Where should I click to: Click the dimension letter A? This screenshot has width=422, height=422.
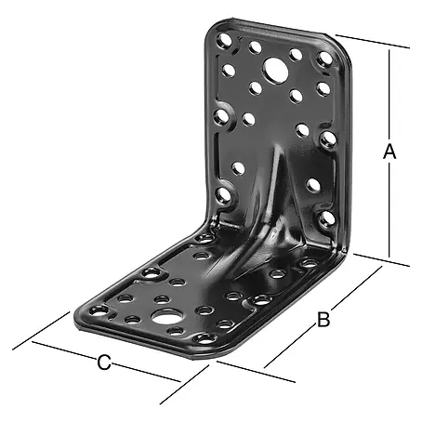tap(389, 152)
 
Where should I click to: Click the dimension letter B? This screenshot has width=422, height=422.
tap(323, 320)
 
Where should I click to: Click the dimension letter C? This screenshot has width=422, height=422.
tap(104, 363)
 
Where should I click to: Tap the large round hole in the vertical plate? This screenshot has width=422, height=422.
tap(276, 71)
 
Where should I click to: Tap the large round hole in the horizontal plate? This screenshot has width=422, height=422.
tap(166, 317)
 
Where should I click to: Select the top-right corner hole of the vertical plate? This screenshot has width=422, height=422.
tap(325, 59)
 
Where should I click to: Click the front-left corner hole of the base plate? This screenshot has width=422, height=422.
tap(99, 310)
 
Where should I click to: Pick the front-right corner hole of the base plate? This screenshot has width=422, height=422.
tap(204, 339)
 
